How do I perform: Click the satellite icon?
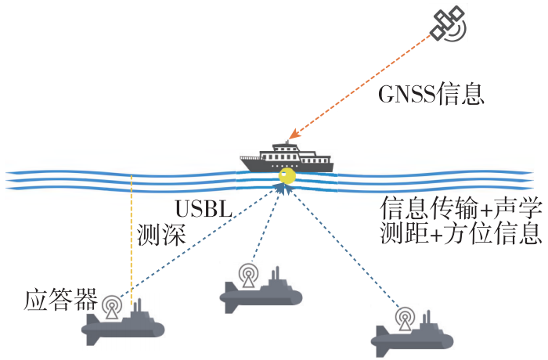(448, 23)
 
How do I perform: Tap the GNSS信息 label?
(431, 94)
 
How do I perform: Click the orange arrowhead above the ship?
(294, 134)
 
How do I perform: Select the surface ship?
(287, 157)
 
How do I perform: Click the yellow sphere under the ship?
(287, 176)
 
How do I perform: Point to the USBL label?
(204, 209)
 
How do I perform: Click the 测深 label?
(161, 234)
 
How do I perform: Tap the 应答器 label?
(60, 299)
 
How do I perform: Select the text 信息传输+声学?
(461, 207)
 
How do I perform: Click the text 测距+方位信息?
(461, 232)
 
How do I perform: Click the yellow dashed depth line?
(132, 240)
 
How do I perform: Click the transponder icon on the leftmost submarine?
(112, 307)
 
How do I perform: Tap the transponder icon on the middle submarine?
(248, 275)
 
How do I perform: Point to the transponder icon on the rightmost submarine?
(405, 319)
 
